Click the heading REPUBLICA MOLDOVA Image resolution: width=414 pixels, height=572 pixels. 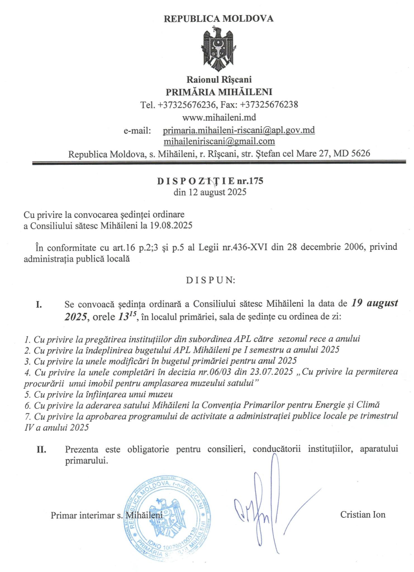click(218, 18)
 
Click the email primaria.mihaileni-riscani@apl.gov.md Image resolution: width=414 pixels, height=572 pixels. click(239, 130)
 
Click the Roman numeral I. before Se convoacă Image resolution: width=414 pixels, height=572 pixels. click(39, 305)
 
